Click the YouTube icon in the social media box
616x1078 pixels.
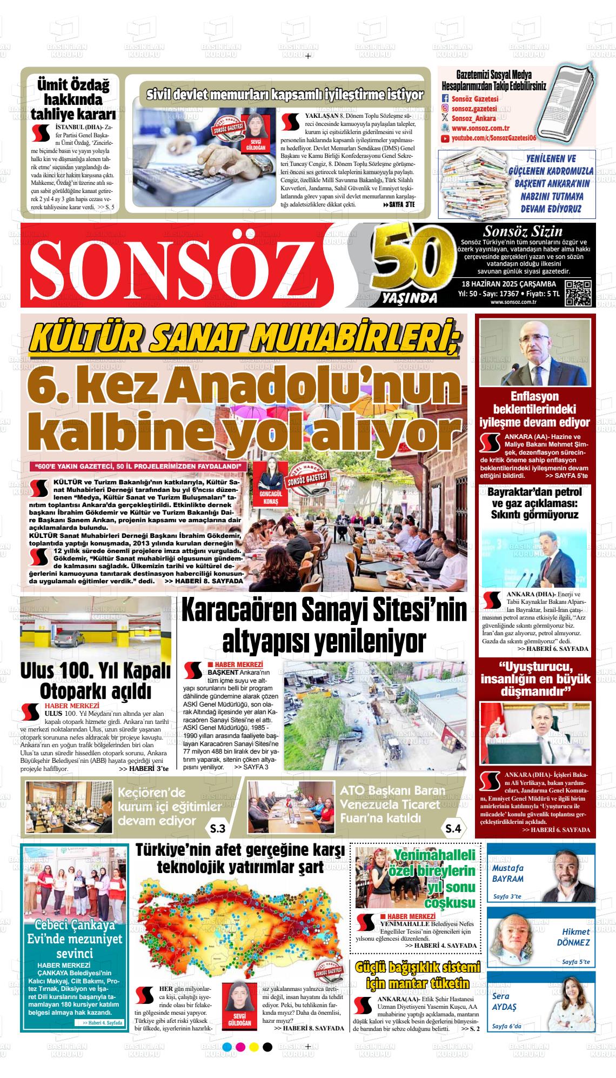(445, 139)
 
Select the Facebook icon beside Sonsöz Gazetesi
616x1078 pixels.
(445, 98)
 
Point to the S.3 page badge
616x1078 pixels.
(218, 828)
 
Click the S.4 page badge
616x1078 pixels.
(453, 828)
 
